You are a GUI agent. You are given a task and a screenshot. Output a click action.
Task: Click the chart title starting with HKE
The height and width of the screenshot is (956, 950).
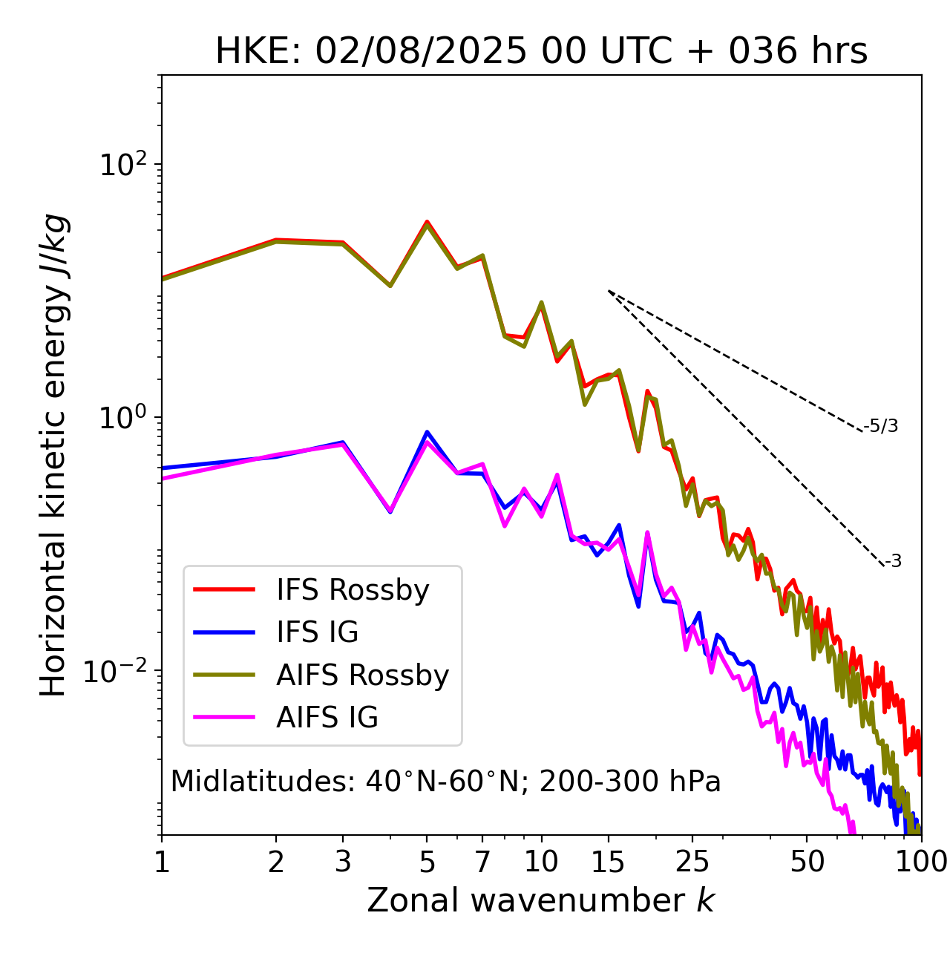pos(541,51)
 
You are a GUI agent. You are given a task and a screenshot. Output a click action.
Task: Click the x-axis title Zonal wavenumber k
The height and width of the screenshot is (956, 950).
pos(541,900)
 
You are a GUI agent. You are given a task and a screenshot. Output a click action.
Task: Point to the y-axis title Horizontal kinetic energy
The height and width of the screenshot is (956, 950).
pos(53,454)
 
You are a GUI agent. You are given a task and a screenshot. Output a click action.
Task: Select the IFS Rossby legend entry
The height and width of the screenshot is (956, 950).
pos(353,590)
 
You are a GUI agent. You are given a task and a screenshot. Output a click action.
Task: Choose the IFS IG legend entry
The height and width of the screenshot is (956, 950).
pos(317,632)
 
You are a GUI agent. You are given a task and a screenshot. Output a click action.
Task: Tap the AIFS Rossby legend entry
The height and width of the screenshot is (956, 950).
pos(362,675)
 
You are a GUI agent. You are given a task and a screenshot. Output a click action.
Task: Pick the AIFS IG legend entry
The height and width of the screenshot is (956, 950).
pos(327,718)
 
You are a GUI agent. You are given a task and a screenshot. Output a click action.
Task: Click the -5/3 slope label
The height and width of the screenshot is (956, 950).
pos(880,426)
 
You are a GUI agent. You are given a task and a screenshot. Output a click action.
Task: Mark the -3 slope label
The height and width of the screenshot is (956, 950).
pos(893,561)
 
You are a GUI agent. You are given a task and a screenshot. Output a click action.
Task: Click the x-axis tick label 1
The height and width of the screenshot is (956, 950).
pos(162,862)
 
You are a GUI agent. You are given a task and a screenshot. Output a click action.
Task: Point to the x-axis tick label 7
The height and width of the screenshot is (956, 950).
pos(482,862)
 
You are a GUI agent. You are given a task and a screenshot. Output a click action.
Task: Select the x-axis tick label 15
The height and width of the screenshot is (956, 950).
pos(608,862)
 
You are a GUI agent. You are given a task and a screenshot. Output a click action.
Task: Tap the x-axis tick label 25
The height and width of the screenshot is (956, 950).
pos(692,862)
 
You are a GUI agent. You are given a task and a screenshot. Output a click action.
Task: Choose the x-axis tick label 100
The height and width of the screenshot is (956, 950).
pos(920,862)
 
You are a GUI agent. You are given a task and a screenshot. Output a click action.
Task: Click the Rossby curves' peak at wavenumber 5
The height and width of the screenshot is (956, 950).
pos(427,222)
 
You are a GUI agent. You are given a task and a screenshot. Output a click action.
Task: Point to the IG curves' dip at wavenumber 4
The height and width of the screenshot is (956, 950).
pos(390,511)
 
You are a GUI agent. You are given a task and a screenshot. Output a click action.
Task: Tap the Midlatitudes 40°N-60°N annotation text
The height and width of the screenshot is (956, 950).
pos(445,782)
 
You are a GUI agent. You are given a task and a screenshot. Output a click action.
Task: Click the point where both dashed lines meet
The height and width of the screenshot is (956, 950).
pos(609,291)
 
